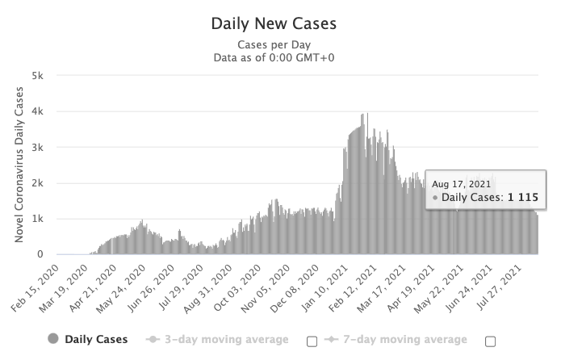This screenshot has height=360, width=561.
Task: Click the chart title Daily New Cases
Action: coord(274,23)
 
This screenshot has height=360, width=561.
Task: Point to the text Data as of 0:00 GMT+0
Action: coord(274,57)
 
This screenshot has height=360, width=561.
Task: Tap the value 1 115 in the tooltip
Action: coord(523,196)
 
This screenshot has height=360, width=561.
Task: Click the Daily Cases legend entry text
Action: coord(95,340)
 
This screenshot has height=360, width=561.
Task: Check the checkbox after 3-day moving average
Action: coord(312,341)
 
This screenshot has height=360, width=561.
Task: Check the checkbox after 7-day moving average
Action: coord(490,341)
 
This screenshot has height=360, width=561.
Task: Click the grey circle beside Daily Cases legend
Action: coord(53,340)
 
